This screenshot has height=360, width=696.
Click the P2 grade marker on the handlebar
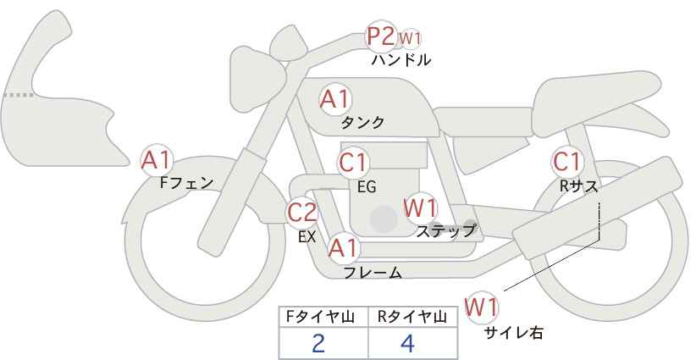click(381, 37)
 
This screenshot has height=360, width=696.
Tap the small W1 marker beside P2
click(411, 38)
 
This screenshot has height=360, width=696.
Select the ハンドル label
click(401, 60)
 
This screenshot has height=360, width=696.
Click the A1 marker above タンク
click(334, 99)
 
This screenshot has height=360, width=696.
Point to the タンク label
click(362, 122)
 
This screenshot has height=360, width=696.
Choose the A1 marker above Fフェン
click(157, 159)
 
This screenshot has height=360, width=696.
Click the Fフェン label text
click(186, 182)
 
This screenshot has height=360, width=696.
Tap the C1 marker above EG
click(353, 163)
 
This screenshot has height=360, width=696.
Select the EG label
click(367, 187)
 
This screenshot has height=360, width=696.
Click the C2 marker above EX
click(302, 212)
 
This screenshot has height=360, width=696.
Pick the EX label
click(307, 237)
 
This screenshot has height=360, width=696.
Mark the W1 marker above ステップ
click(420, 208)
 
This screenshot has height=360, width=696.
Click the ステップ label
click(445, 230)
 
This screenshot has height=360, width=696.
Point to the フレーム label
click(373, 273)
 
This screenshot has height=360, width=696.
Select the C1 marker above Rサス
click(566, 161)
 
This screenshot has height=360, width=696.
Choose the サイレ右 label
click(513, 333)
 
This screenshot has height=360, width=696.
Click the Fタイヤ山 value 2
click(318, 343)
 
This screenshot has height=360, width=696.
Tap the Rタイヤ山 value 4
click(407, 343)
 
